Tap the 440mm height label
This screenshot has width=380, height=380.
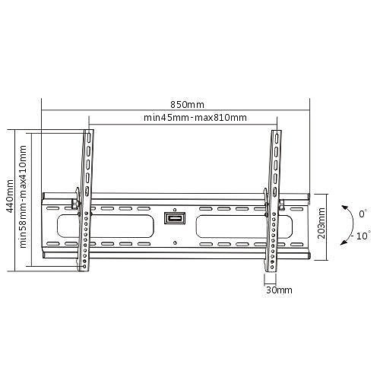click(x=10, y=198)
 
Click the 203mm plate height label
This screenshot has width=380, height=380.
click(x=321, y=226)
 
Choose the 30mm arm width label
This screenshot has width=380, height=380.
click(x=279, y=290)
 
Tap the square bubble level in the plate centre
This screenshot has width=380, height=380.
click(x=174, y=220)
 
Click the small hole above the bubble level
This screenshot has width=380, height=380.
click(x=174, y=208)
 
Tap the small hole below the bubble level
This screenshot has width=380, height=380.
click(x=174, y=243)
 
